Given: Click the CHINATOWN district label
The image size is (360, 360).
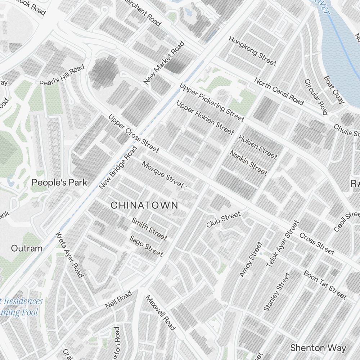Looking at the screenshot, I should click(x=144, y=205).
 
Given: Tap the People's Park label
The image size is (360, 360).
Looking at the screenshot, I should click(x=59, y=183).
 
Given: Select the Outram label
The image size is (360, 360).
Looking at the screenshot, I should click(x=27, y=248).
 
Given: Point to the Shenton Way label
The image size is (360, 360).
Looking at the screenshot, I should click(x=318, y=348).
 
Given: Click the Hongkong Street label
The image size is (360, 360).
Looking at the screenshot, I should click(x=252, y=51).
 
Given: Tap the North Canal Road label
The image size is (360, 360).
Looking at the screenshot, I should click(x=279, y=92).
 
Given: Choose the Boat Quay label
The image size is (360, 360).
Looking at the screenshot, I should click(x=334, y=90).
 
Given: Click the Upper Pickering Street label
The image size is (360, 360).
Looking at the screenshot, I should click(x=212, y=103).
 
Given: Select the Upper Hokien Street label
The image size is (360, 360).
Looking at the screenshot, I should click(x=205, y=117).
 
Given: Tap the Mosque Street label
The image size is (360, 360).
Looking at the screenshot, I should click(x=163, y=174).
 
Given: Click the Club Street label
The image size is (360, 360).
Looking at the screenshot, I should click(x=223, y=220).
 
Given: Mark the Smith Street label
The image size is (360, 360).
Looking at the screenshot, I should click(x=149, y=229).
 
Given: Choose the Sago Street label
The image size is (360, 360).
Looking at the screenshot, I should click(x=146, y=246).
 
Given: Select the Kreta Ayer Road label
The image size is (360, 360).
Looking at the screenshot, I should click(x=69, y=255).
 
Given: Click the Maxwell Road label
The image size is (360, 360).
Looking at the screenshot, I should click(x=161, y=313).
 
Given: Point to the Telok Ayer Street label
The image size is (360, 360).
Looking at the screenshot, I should click(x=283, y=244).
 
